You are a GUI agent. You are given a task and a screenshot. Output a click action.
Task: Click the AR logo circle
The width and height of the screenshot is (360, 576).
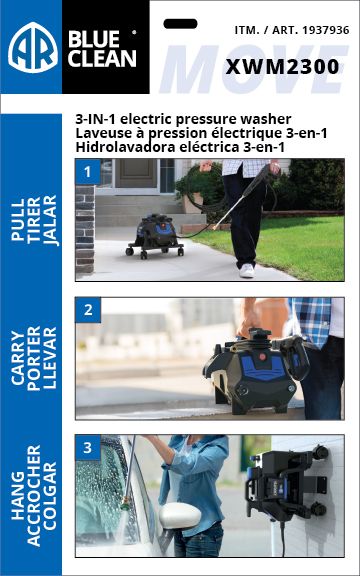coord(32,47)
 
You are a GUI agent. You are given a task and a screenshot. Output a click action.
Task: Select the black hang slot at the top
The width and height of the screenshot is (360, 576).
coord(180,21)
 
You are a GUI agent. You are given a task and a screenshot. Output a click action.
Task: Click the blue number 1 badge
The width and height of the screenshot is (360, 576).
coord(87,171)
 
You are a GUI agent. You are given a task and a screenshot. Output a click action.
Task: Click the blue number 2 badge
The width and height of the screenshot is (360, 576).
coord(87,309)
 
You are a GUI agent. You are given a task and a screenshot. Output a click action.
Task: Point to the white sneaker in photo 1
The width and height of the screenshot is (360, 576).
coord(247,270)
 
